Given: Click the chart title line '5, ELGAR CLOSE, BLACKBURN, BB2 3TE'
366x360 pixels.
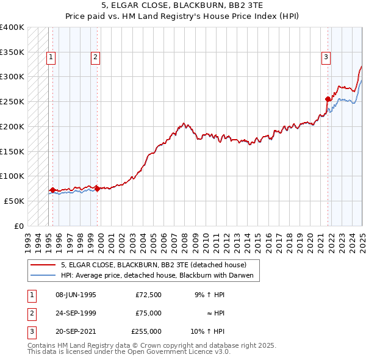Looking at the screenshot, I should click(x=182, y=7).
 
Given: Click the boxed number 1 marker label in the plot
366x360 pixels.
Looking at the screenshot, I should click(x=51, y=58).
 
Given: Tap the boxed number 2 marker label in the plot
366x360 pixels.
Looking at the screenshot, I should click(x=96, y=58).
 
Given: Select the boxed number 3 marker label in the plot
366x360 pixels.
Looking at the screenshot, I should click(x=326, y=58).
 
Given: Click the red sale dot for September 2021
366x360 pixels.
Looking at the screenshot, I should click(x=328, y=99).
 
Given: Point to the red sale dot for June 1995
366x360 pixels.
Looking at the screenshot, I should click(x=52, y=190).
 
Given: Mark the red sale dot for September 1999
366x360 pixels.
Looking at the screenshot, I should click(x=98, y=189).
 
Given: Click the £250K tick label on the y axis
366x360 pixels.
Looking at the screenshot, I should click(x=12, y=102).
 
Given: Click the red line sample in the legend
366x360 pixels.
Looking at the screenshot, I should click(x=43, y=265).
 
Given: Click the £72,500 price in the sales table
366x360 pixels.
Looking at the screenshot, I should click(x=149, y=295).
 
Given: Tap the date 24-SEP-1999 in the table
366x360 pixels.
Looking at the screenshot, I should click(x=76, y=313).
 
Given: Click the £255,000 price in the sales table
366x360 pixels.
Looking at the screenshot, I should click(x=146, y=331).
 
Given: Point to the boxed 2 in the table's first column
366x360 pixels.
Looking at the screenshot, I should click(x=31, y=313).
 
